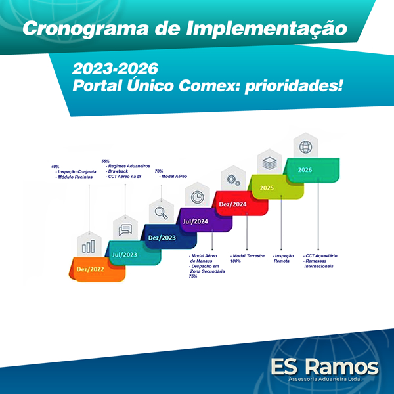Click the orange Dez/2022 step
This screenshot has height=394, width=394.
pyautogui.click(x=97, y=269)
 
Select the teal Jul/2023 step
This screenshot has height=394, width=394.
pyautogui.click(x=133, y=253)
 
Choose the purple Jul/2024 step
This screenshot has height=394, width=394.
pyautogui.click(x=204, y=220)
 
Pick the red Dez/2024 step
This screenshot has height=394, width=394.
pyautogui.click(x=240, y=204)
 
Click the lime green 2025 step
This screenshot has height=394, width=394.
pyautogui.click(x=276, y=187)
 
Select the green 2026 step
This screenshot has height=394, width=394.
pyautogui.click(x=311, y=170)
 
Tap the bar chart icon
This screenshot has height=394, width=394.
pyautogui.click(x=89, y=246)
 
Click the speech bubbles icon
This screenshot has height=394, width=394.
pyautogui.click(x=125, y=230)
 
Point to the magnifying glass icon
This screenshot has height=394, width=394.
pyautogui.click(x=162, y=213)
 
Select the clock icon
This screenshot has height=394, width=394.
pyautogui.click(x=198, y=197)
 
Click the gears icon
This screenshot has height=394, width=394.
pyautogui.click(x=233, y=180)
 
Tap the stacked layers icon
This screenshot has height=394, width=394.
pyautogui.click(x=269, y=164)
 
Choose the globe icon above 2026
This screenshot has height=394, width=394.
pyautogui.click(x=305, y=147)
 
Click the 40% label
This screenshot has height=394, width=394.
pyautogui.click(x=55, y=167)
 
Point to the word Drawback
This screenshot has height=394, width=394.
pyautogui.click(x=118, y=171)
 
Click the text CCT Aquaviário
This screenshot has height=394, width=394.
pyautogui.click(x=321, y=256)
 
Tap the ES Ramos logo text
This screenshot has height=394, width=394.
pyautogui.click(x=324, y=367)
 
